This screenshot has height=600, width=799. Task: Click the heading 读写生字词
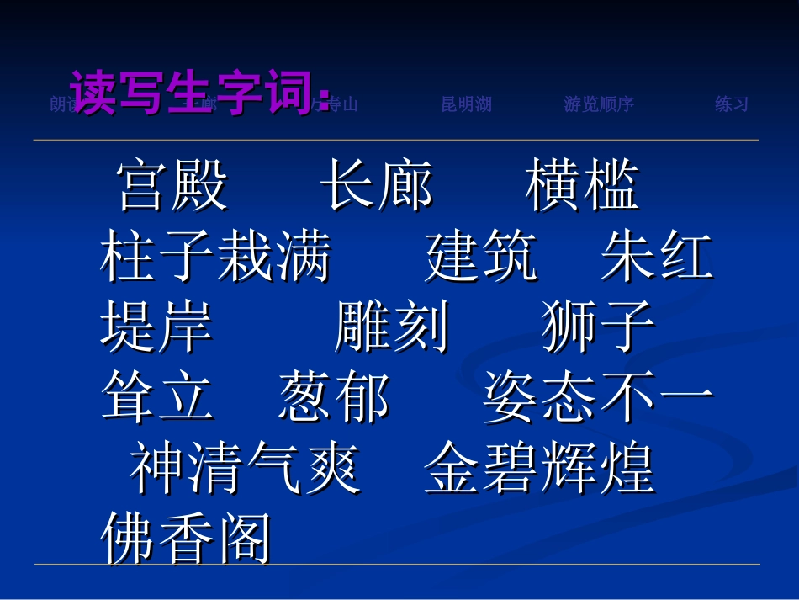[199, 91]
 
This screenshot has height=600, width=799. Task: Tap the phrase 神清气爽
[245, 468]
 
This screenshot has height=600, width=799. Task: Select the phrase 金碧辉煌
[539, 468]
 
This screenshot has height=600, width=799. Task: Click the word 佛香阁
[186, 539]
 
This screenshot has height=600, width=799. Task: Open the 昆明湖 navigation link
[467, 104]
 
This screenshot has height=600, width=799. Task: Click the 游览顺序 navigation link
[599, 104]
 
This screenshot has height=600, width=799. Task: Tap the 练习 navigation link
[732, 104]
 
